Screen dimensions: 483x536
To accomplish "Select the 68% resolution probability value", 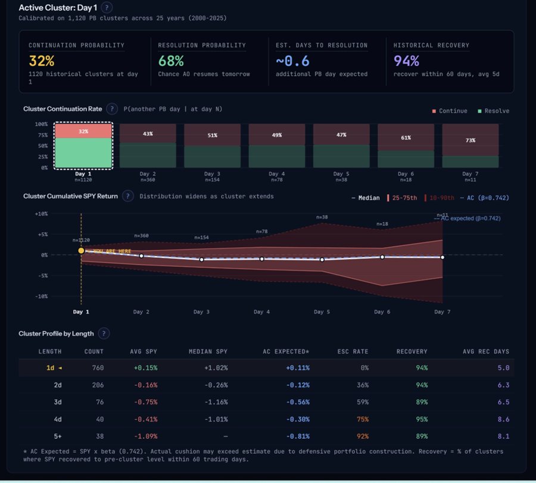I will pos(171,61).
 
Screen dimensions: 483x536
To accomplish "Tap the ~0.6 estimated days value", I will pos(292,61).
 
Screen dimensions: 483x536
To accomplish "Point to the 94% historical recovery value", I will pos(407,61).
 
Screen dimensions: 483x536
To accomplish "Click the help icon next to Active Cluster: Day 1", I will pos(106,8).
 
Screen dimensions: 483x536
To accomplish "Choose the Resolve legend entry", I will pos(493,111).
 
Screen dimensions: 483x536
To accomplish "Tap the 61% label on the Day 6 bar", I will pos(406,137).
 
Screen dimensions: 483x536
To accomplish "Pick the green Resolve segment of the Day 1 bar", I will pos(83,153).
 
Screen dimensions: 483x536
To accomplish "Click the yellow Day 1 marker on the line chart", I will pos(81,251).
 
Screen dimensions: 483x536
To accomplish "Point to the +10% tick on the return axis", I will pos(41,214).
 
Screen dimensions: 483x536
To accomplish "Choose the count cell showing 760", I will pos(98,368).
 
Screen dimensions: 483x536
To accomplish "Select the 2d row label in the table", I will pos(58,385).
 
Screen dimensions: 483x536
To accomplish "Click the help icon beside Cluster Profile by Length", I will pos(104,334).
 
